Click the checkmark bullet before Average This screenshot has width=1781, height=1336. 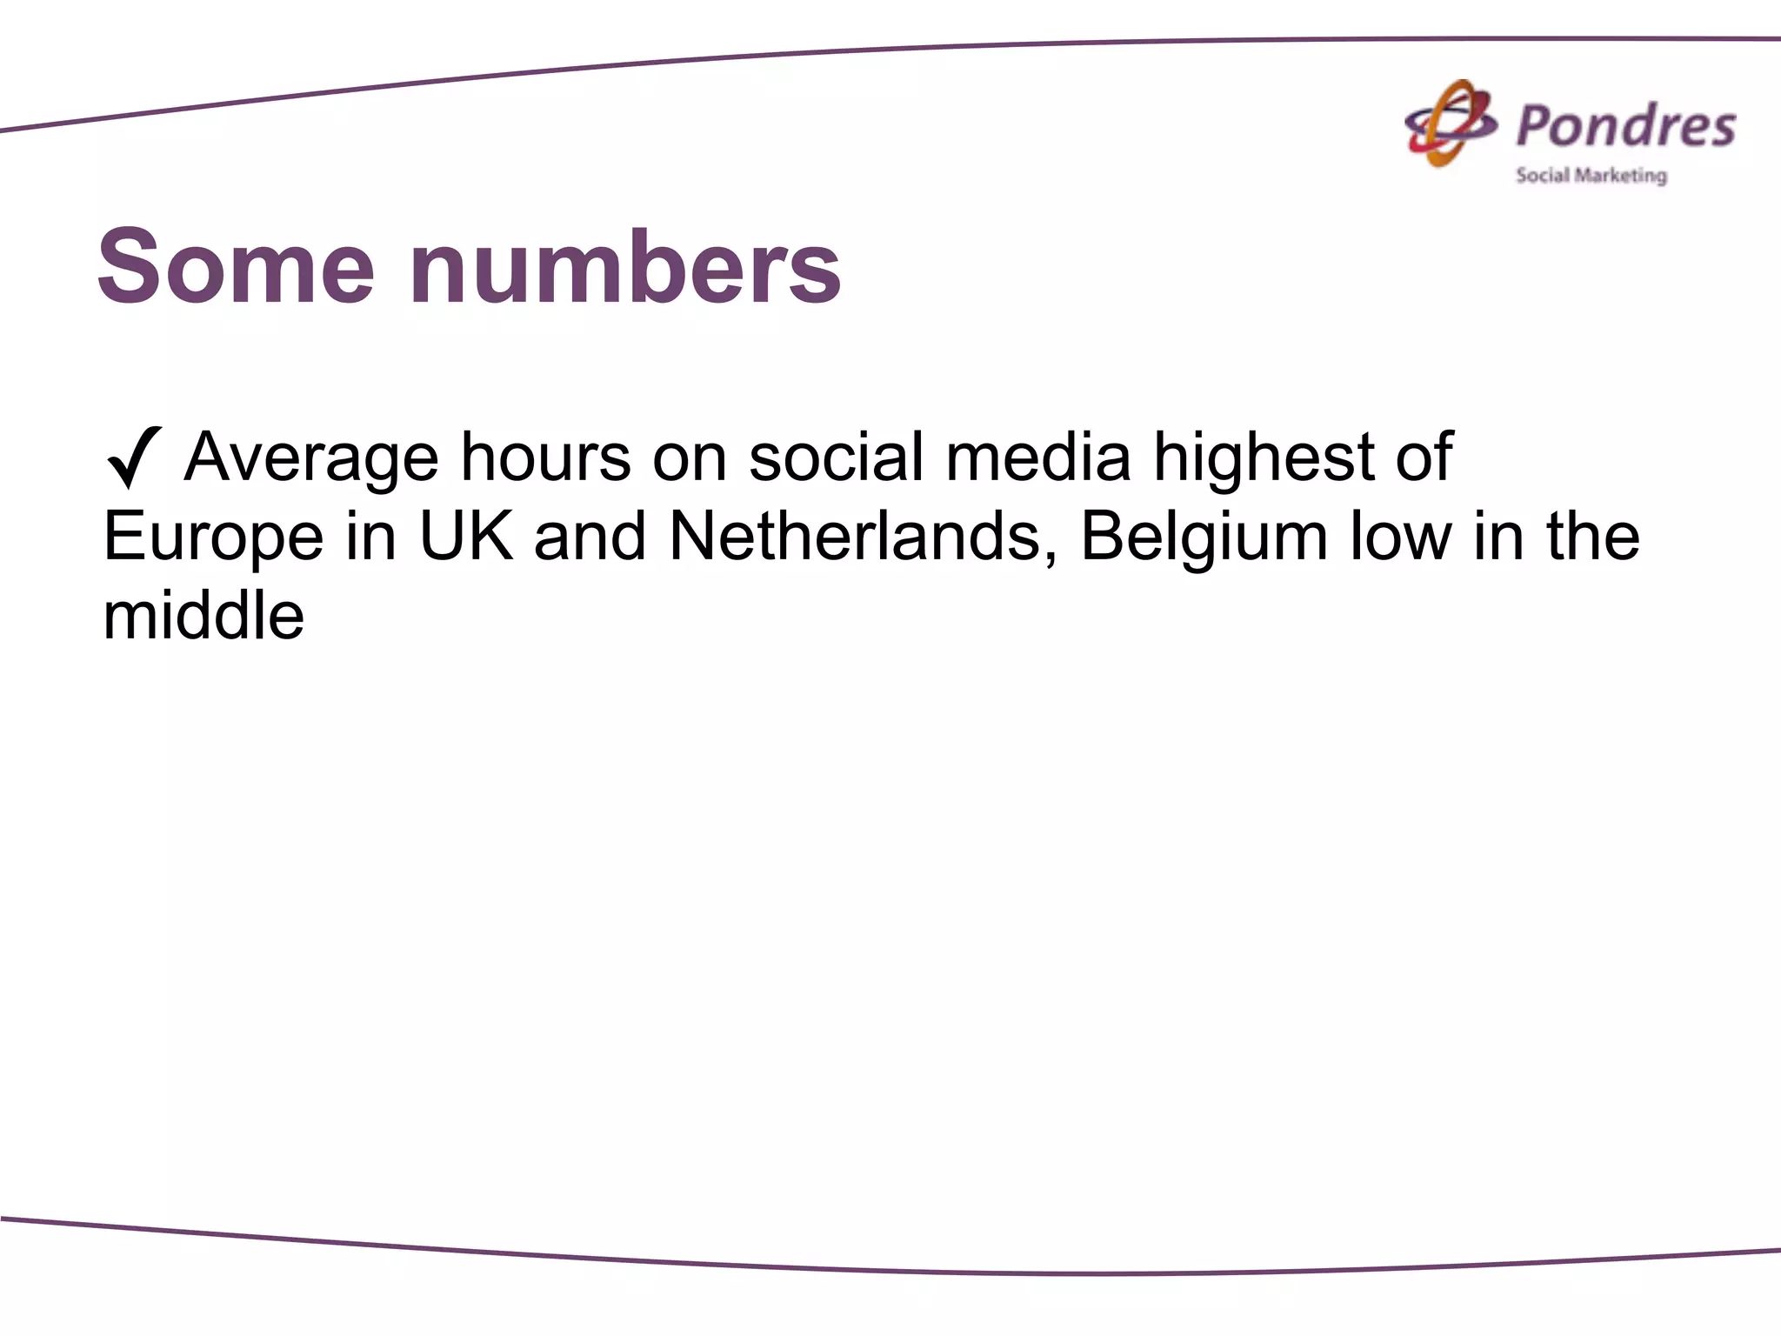click(133, 458)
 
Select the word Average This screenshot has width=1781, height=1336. click(311, 458)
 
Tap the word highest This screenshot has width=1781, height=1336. click(1264, 458)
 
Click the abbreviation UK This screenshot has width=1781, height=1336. click(466, 536)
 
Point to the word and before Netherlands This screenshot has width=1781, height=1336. click(590, 536)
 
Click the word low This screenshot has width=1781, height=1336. click(1400, 536)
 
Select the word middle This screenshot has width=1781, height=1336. click(203, 615)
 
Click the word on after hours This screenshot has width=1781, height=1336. click(690, 458)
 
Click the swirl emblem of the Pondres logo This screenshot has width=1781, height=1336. click(1451, 124)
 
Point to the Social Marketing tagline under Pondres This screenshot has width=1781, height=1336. click(1591, 176)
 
